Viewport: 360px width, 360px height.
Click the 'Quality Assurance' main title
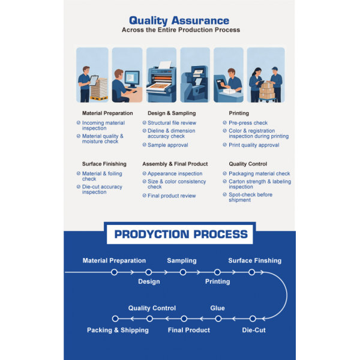[179, 20]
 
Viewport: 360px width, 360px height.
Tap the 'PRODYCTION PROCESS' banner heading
[181, 234]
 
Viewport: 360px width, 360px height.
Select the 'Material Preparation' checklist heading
[107, 113]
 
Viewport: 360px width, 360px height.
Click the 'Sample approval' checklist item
[168, 145]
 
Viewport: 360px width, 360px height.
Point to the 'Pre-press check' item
[248, 123]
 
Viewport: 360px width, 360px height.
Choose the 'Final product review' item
[172, 196]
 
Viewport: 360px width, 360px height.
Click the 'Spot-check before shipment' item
[250, 197]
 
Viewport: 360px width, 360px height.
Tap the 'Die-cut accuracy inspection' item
[102, 190]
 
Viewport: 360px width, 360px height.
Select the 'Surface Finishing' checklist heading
[104, 164]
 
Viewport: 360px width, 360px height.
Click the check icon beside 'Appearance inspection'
[145, 173]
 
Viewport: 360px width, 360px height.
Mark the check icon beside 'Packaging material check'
[225, 173]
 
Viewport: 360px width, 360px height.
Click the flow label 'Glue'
[217, 308]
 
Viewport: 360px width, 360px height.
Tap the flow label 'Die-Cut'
[254, 330]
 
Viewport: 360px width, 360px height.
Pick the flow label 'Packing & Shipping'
[118, 330]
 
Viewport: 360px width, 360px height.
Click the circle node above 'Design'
[149, 272]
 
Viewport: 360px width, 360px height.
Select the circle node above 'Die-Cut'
[253, 319]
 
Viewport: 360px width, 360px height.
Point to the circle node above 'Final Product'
[184, 319]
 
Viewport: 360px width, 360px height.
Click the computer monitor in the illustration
[132, 79]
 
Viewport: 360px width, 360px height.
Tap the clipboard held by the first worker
[94, 80]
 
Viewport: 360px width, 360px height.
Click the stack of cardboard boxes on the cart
[267, 91]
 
